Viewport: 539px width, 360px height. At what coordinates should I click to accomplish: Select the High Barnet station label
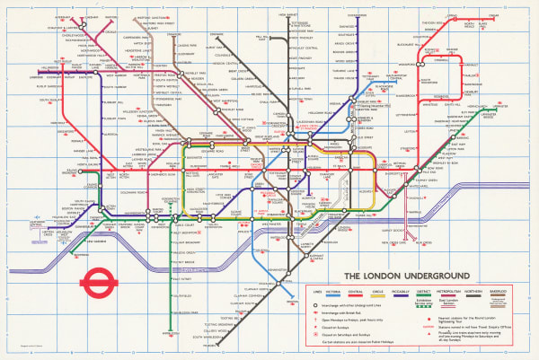tap(288, 15)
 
